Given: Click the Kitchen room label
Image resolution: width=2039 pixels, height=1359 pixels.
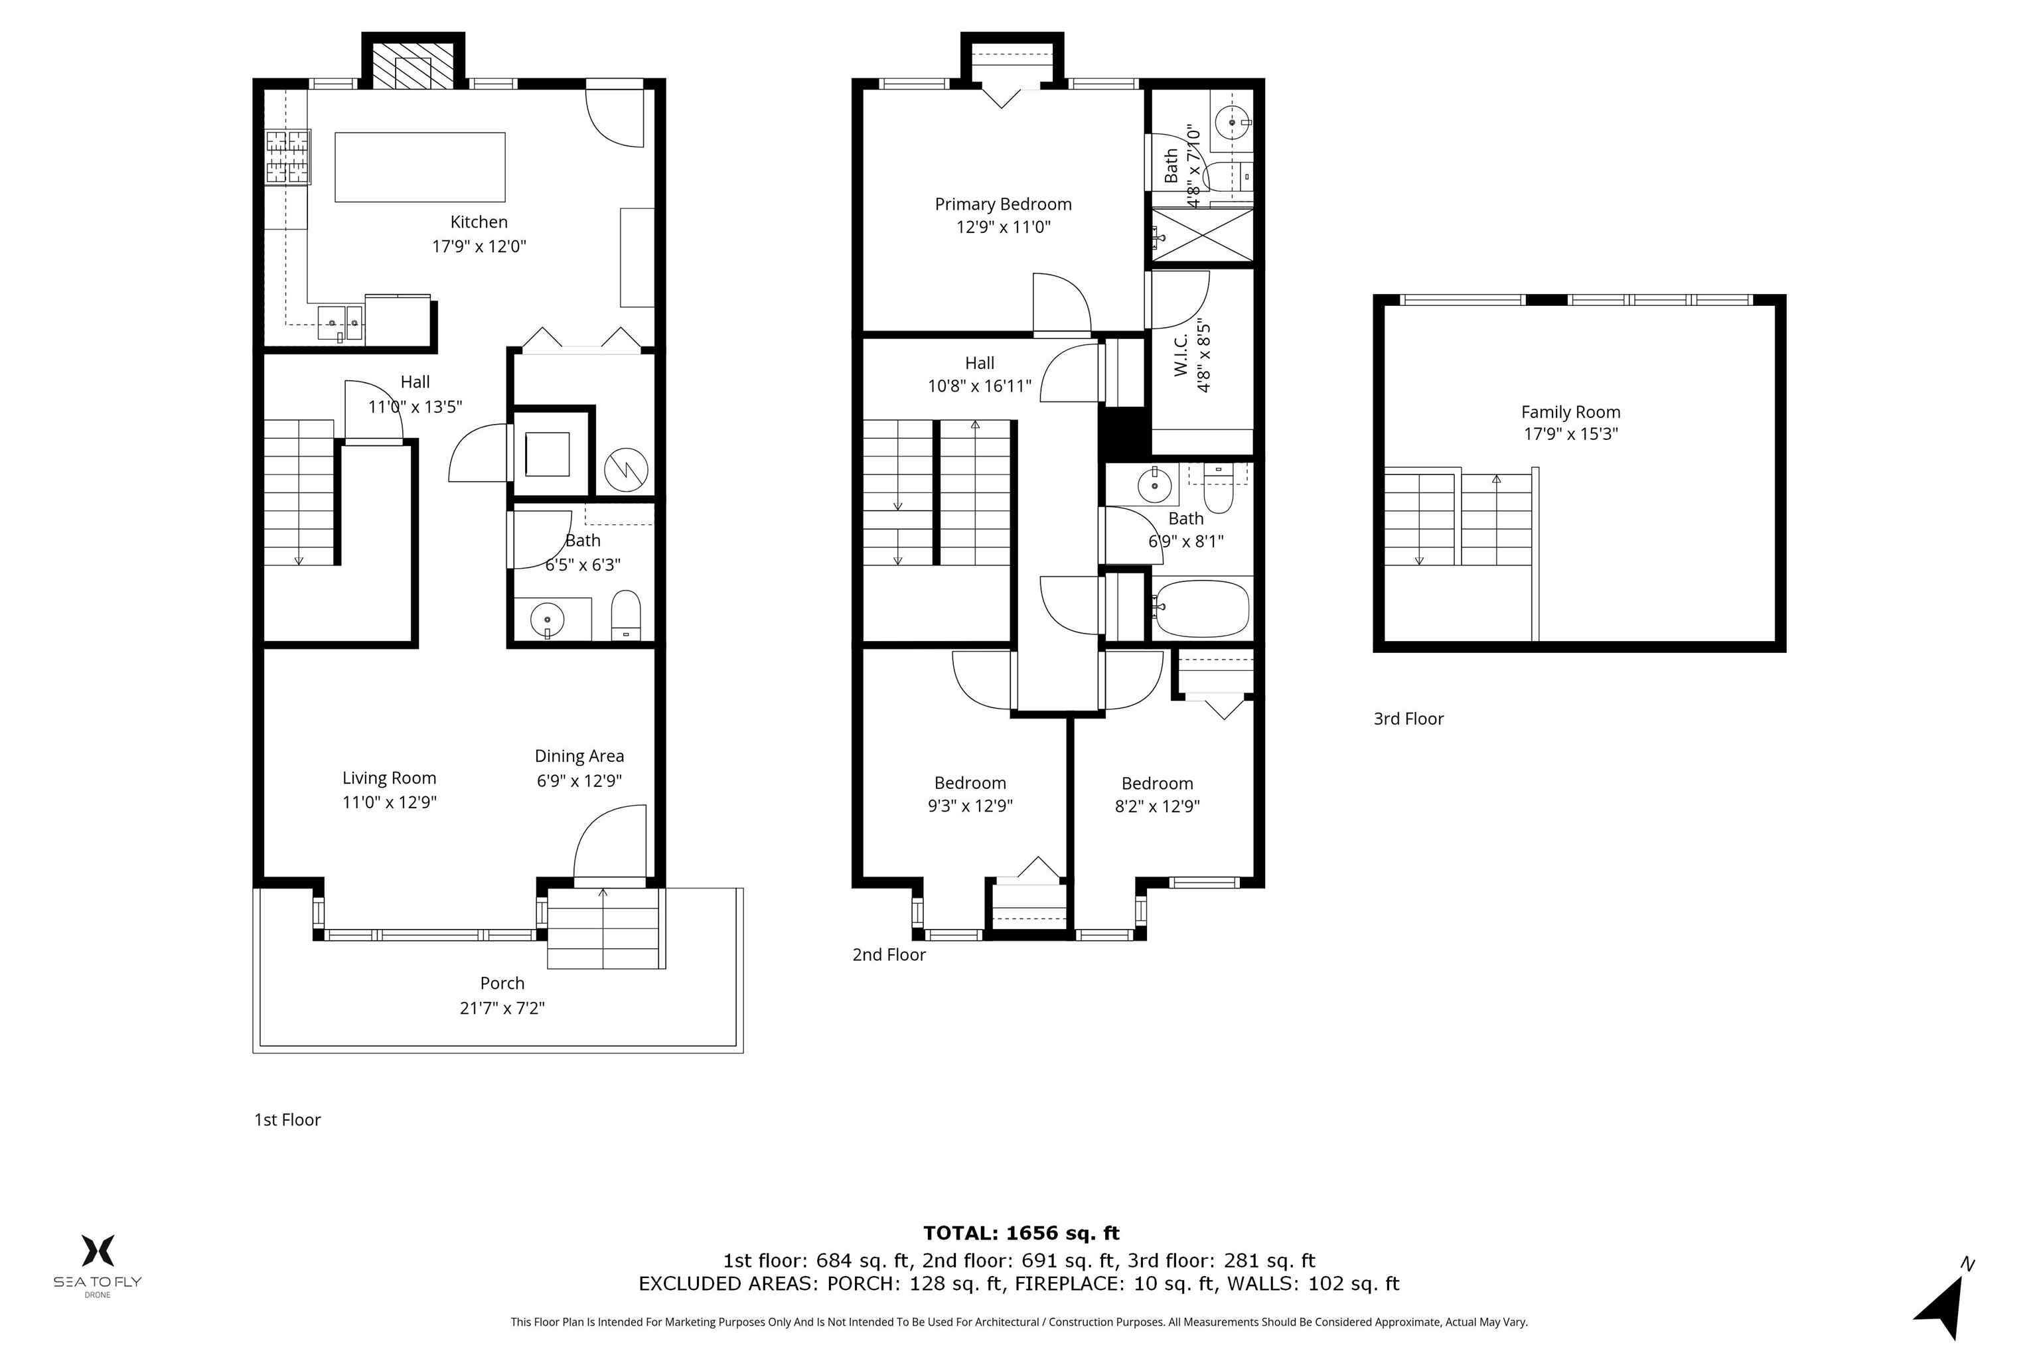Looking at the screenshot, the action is click(479, 222).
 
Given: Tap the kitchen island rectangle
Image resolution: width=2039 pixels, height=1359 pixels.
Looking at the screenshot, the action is click(419, 167).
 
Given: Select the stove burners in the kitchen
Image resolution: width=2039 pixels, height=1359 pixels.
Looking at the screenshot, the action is click(288, 157).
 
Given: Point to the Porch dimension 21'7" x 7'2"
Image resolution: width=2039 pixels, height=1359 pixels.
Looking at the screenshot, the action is click(502, 1008).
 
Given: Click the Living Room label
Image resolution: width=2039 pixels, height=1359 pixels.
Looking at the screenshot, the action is click(389, 778).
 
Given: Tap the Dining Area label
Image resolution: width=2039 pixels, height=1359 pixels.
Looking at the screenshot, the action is click(579, 756).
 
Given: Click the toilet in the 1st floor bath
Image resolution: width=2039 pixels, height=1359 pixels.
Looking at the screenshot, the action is click(626, 614).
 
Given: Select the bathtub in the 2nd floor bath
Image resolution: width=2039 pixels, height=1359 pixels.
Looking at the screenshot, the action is click(1201, 608).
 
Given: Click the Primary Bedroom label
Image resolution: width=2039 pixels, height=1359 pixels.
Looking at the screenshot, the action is click(1003, 204).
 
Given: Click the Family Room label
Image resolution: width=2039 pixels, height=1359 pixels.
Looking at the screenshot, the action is click(1571, 413).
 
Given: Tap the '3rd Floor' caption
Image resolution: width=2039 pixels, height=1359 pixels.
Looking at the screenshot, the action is click(1408, 719).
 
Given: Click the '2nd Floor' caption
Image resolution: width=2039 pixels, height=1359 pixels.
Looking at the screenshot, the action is click(889, 954).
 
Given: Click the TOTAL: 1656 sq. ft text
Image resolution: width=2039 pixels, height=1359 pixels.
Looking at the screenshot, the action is click(1021, 1232).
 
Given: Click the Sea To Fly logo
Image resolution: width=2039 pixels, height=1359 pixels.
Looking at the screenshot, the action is click(98, 1265).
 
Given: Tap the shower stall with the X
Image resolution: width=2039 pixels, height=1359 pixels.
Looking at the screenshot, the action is click(1201, 234).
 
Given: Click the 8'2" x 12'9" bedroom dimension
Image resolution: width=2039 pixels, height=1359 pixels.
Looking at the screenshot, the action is click(1158, 806).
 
